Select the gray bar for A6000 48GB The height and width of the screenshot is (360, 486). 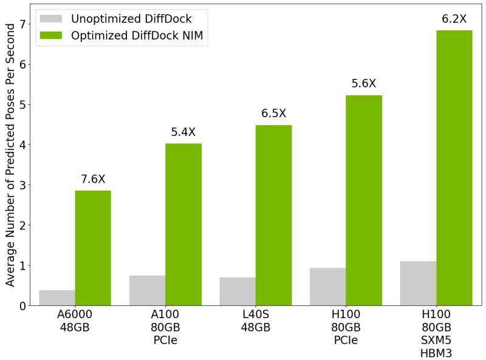tap(57, 297)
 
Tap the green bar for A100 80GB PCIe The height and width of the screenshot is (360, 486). tap(183, 224)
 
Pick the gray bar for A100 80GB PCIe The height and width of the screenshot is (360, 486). tap(147, 290)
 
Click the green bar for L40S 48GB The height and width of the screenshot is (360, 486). tap(273, 215)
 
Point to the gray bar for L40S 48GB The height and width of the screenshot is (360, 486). tap(238, 291)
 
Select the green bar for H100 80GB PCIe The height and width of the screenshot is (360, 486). tap(364, 200)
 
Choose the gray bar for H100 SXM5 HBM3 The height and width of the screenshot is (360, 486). tap(418, 283)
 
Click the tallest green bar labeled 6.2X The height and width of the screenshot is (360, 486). tap(454, 168)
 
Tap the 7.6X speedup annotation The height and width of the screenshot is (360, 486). tap(93, 179)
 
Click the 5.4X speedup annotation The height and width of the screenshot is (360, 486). tap(183, 132)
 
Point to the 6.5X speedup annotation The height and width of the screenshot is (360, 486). tap(273, 114)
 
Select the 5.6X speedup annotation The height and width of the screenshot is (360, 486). tap(364, 84)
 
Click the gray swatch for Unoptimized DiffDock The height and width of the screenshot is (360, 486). tap(52, 18)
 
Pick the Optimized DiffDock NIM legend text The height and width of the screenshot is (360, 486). tap(140, 36)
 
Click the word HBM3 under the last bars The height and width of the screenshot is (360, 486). tap(436, 353)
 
